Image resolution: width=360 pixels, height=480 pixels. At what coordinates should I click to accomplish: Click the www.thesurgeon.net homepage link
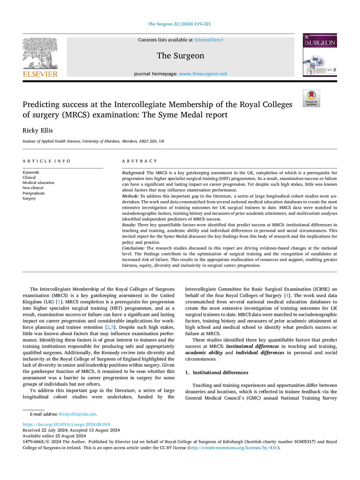(x=203, y=74)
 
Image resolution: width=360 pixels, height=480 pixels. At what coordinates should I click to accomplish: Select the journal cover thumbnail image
(x=319, y=55)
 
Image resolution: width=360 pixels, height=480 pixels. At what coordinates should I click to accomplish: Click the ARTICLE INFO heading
(x=47, y=161)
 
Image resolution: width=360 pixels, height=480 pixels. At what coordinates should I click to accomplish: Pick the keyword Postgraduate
(x=34, y=193)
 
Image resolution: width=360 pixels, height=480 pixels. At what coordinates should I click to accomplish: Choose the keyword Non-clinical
(x=34, y=188)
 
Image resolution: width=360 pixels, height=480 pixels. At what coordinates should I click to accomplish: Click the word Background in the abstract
(x=133, y=172)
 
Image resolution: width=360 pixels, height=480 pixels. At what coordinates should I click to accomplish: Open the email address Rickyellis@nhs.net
(x=77, y=414)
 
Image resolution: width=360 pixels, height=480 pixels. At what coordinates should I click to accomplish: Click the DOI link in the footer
(x=67, y=424)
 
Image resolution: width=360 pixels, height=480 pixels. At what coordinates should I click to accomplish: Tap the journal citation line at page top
(x=180, y=24)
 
